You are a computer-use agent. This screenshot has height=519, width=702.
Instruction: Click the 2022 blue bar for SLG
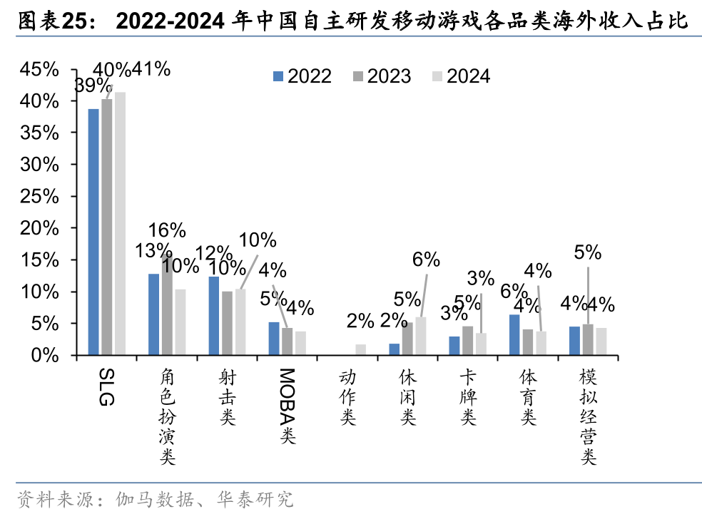pos(93,232)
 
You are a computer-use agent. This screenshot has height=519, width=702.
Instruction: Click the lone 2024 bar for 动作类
pos(361,349)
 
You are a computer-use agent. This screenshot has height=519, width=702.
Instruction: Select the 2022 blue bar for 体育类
pos(514,334)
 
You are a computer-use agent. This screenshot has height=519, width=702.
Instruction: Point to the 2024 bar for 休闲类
pos(421,336)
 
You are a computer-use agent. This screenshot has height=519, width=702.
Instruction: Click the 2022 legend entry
pos(302,76)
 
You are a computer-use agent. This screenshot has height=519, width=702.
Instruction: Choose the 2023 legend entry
pos(382,76)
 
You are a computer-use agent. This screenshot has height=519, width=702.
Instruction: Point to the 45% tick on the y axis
pos(40,69)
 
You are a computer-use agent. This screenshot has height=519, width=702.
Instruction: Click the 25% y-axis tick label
pos(40,196)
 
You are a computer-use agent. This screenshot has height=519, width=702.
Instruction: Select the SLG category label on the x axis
pos(106,388)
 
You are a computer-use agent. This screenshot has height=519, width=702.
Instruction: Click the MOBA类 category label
pos(287,406)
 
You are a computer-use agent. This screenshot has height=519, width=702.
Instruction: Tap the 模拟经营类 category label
pos(588,418)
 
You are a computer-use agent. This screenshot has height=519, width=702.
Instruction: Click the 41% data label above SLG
pos(152,69)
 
